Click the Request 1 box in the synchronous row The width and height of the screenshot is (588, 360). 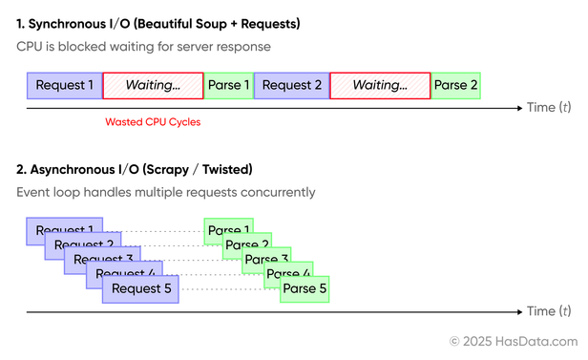tap(65, 86)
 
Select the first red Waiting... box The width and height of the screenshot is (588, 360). tap(153, 86)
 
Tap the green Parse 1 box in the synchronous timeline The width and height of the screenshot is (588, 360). tap(229, 86)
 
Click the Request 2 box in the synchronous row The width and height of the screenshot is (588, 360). tap(291, 86)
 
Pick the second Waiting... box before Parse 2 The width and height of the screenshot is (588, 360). tap(380, 86)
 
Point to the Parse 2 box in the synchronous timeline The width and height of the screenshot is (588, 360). tap(455, 86)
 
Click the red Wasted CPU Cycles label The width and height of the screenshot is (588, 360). tap(153, 122)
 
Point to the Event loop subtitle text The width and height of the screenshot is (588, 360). tap(165, 193)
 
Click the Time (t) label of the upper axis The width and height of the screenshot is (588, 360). tap(549, 107)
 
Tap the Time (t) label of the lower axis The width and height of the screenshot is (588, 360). tap(549, 311)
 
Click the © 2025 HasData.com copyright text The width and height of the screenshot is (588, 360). tap(514, 341)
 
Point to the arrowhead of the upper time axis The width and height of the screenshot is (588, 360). tap(520, 107)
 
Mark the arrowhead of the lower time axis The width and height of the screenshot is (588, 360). tap(520, 311)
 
